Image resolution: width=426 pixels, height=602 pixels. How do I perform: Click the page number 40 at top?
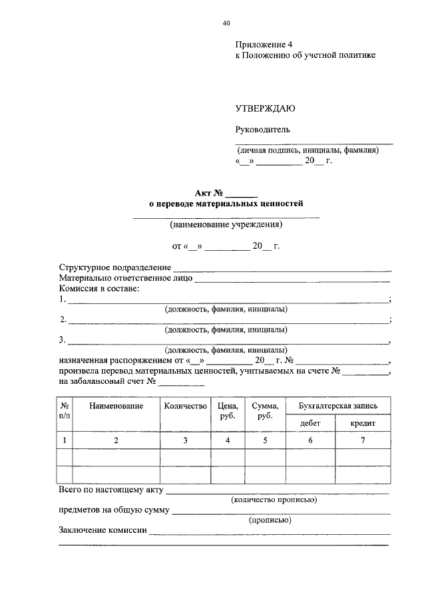pos(226,23)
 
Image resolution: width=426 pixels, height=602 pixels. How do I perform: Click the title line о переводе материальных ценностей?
pos(226,204)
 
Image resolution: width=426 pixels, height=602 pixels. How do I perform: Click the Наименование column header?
pos(116,406)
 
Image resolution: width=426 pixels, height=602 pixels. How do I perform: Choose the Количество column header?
pos(185,406)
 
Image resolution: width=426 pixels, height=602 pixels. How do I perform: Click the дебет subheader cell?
pos(310,422)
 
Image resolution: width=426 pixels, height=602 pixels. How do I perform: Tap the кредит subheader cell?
pos(363,422)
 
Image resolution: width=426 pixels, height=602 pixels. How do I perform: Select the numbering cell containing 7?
pos(363,440)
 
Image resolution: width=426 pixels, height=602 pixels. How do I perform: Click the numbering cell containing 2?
pos(116,440)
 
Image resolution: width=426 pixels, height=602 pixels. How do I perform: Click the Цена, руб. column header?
pos(228,410)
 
